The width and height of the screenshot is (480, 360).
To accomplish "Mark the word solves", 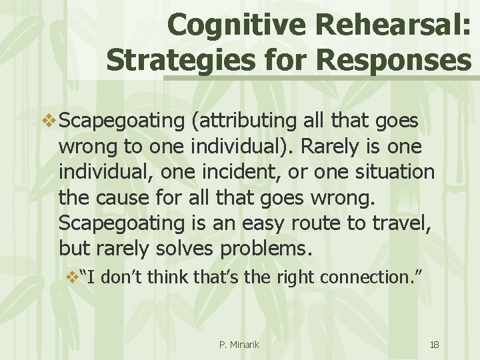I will click(x=181, y=247).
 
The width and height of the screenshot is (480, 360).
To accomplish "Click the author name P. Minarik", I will click(x=239, y=345).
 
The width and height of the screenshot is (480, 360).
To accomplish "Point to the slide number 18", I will click(x=434, y=345).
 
